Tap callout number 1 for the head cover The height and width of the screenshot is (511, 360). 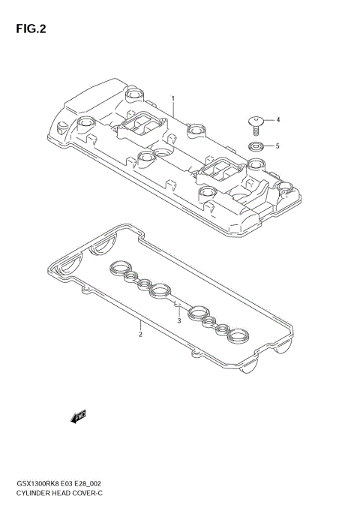pyautogui.click(x=172, y=98)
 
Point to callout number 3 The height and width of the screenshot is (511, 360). pyautogui.click(x=179, y=320)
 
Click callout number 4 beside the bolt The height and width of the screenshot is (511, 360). pyautogui.click(x=277, y=119)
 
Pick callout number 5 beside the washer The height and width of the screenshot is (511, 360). pyautogui.click(x=277, y=146)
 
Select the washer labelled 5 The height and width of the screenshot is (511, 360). pyautogui.click(x=256, y=146)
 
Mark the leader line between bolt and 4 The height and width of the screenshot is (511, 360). pyautogui.click(x=268, y=119)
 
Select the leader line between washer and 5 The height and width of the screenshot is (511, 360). pyautogui.click(x=268, y=146)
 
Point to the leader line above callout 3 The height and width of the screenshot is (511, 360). pyautogui.click(x=178, y=309)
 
